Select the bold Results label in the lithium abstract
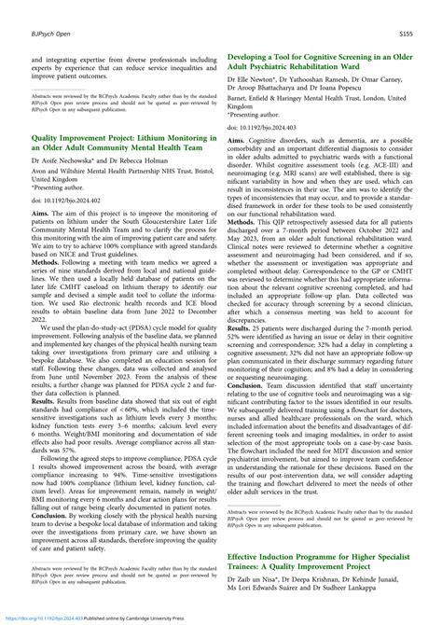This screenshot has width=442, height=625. [x=48, y=425]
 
